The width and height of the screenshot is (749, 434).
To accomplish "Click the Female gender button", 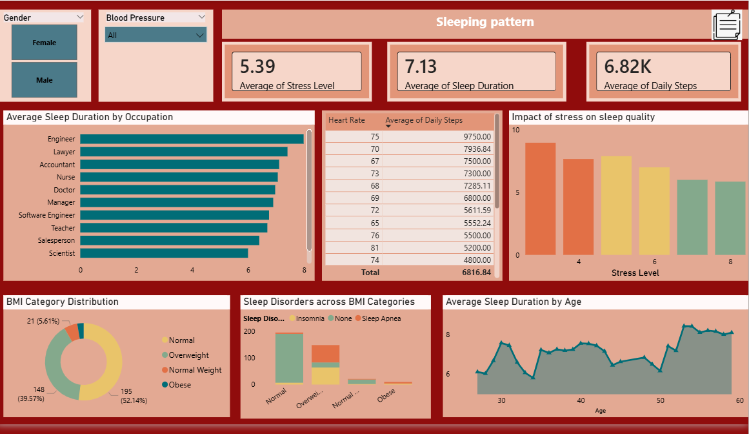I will point(45,43).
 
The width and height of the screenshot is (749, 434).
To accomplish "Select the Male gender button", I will point(45,80).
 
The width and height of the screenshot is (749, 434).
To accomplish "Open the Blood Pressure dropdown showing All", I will point(155,35).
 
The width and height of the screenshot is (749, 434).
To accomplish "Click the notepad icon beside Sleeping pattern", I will point(727,25).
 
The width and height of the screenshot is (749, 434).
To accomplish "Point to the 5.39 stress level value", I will point(257,66).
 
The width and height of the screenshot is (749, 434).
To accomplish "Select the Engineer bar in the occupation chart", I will point(192,139).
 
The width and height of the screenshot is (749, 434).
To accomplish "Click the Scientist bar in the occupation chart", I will point(164,253).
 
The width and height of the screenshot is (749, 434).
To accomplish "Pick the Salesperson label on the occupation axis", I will point(57,240).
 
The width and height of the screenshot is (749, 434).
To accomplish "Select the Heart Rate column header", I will point(346,120).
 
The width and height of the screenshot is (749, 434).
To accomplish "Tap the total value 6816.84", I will point(476,273).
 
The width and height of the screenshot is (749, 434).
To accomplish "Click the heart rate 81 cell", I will point(375,247).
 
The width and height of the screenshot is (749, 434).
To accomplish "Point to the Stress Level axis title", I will point(635,273).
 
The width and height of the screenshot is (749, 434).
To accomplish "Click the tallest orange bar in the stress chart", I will point(540,198).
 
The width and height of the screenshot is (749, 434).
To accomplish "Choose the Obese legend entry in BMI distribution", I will point(179,385).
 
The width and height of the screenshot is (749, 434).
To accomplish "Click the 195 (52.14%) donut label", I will point(134,396).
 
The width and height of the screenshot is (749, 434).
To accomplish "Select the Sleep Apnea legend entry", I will point(381,318).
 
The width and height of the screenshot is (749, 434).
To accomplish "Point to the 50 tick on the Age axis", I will point(660,400).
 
